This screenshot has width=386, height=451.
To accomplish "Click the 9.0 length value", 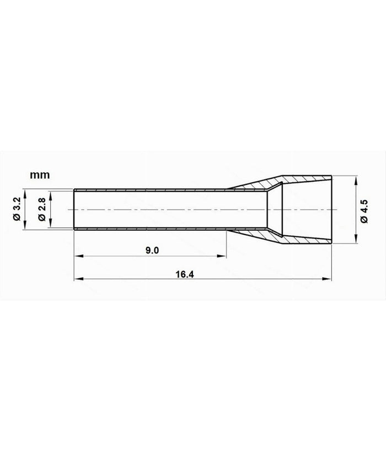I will [x=152, y=250].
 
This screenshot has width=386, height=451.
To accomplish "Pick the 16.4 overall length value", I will [x=207, y=274].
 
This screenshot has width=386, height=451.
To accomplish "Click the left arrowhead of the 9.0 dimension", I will [x=77, y=256].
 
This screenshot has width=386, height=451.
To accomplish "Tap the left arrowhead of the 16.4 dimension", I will [x=77, y=279].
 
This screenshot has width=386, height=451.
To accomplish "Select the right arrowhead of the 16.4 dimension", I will [x=330, y=279].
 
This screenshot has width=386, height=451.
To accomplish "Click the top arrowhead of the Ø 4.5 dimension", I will [x=356, y=180].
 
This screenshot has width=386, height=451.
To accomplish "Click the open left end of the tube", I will [x=74, y=210].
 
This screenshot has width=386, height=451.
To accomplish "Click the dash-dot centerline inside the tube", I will [x=165, y=210].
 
